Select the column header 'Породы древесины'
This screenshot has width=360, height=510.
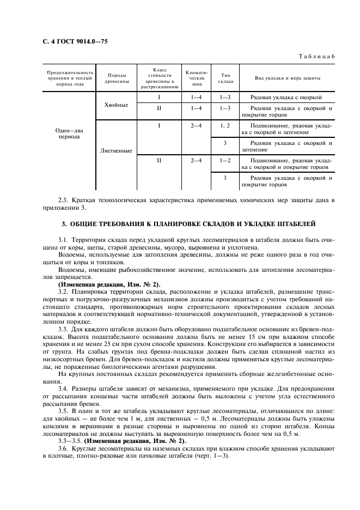[118, 78]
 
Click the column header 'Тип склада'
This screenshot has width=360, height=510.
[225, 78]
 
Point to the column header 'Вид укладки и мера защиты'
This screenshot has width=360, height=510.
[288, 78]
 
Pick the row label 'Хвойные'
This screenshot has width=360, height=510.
[116, 105]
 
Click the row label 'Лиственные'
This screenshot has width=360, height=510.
[116, 150]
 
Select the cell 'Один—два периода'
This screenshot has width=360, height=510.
[69, 133]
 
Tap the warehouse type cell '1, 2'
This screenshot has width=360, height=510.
[225, 126]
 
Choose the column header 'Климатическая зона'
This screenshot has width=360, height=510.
[196, 78]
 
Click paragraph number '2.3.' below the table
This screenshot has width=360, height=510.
[64, 201]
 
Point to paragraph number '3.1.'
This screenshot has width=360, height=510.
[64, 240]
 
